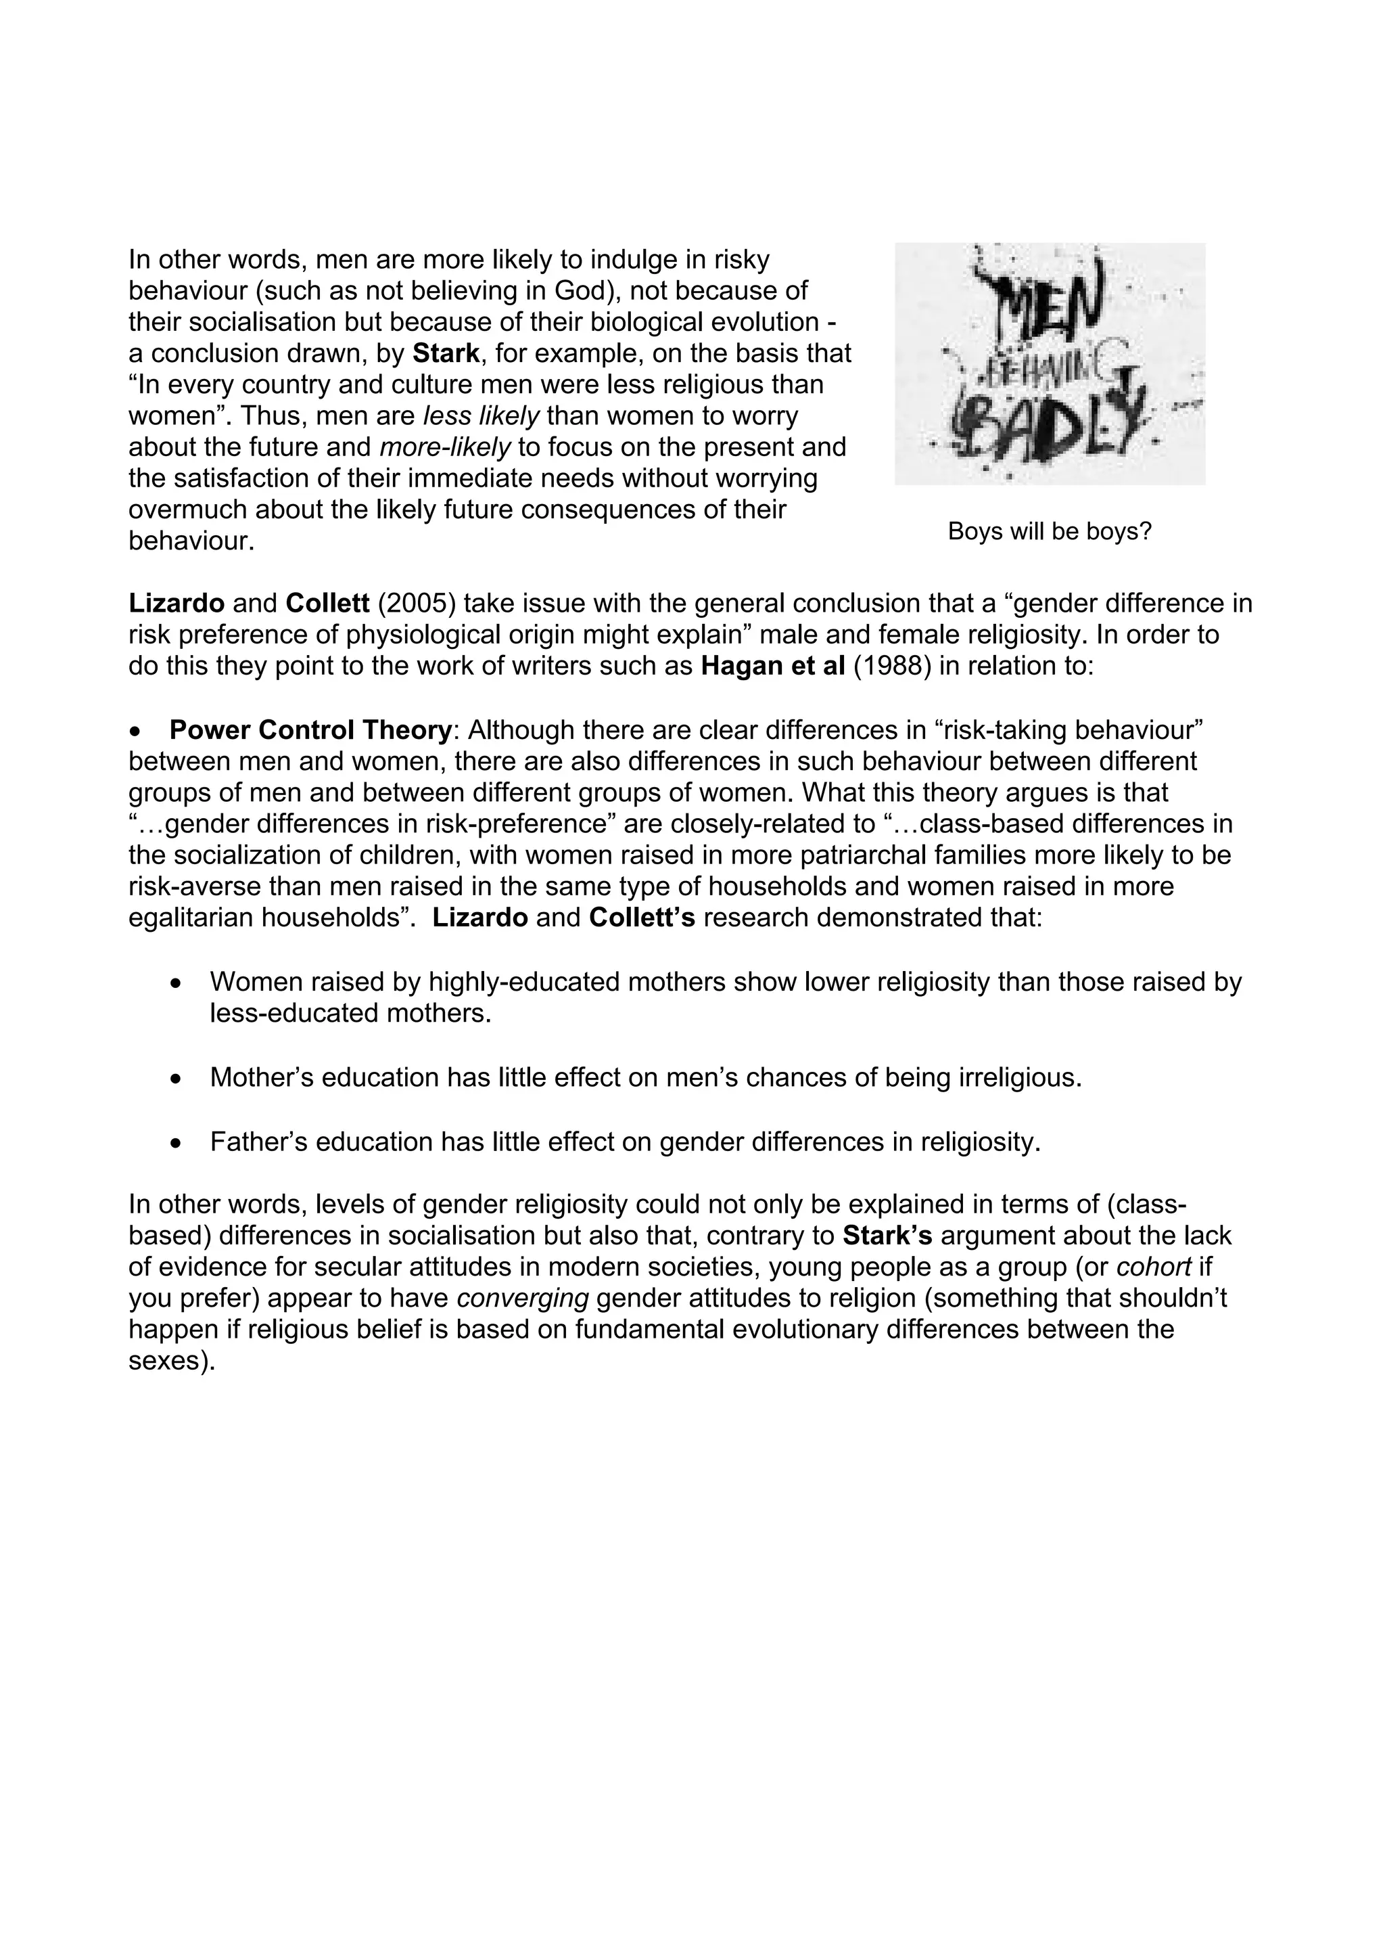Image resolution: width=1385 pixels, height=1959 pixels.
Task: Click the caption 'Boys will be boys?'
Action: coord(1049,532)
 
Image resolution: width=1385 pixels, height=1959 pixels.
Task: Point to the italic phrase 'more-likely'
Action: coord(444,447)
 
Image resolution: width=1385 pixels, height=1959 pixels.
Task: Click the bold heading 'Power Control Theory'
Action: coord(310,730)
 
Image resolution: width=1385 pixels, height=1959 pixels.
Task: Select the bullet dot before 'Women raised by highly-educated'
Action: coord(176,984)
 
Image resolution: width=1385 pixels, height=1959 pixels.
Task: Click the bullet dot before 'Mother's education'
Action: coord(176,1079)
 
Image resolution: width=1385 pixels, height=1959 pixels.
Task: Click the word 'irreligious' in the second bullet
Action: coord(1020,1078)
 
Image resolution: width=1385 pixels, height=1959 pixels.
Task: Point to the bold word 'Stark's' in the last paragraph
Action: coord(887,1236)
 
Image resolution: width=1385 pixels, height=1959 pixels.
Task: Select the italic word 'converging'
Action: coord(523,1299)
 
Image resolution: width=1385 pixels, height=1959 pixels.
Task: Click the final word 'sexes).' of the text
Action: coord(170,1361)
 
